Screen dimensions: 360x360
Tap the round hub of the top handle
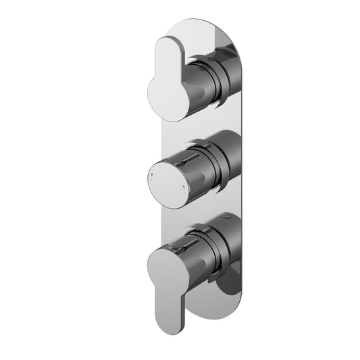(x=166, y=99)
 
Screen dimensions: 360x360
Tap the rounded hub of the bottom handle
(x=165, y=260)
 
